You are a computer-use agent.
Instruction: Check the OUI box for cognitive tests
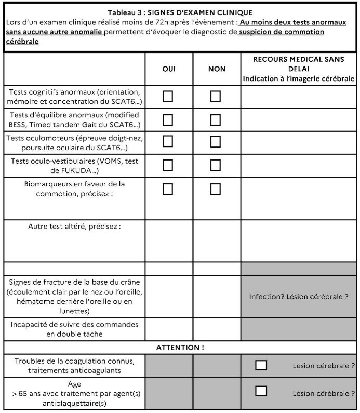click(x=168, y=97)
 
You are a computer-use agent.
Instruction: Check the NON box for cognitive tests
click(x=215, y=97)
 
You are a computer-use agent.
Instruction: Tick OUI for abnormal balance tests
click(x=168, y=120)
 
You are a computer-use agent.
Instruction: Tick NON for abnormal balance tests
click(x=215, y=120)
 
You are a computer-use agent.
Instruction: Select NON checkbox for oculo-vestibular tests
click(x=215, y=166)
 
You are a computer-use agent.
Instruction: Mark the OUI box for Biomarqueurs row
click(x=168, y=189)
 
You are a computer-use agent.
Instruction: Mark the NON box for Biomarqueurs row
click(x=215, y=189)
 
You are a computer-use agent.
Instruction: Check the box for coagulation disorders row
click(x=261, y=365)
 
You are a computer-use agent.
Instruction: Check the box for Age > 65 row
click(x=261, y=390)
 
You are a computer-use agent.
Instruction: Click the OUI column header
click(x=169, y=69)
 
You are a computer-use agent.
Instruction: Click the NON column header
click(x=216, y=69)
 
